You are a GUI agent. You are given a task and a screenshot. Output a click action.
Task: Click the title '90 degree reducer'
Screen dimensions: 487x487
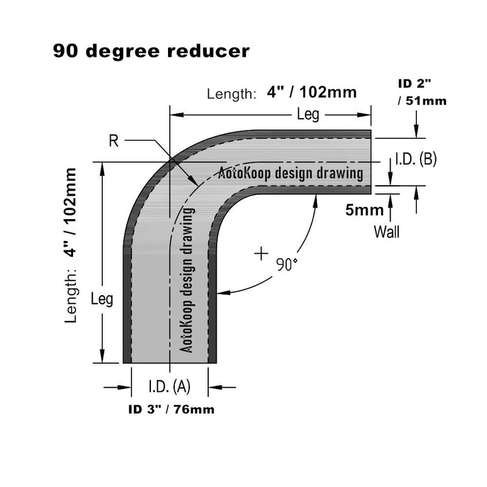pyautogui.click(x=151, y=51)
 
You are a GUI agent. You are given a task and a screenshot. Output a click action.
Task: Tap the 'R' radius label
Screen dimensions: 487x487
pyautogui.click(x=113, y=141)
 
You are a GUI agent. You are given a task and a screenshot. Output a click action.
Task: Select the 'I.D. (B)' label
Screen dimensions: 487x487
pyautogui.click(x=416, y=159)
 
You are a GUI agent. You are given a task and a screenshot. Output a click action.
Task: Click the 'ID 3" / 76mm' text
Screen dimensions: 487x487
pyautogui.click(x=171, y=410)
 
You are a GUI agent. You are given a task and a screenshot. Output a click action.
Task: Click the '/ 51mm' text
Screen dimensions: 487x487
pyautogui.click(x=422, y=101)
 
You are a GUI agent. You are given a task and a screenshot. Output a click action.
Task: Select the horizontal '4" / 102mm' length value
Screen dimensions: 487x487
pyautogui.click(x=311, y=93)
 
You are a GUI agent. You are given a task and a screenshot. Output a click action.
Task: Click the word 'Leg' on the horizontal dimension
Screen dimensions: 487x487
pyautogui.click(x=308, y=114)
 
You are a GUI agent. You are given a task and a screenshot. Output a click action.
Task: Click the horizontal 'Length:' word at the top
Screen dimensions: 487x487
pyautogui.click(x=231, y=94)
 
